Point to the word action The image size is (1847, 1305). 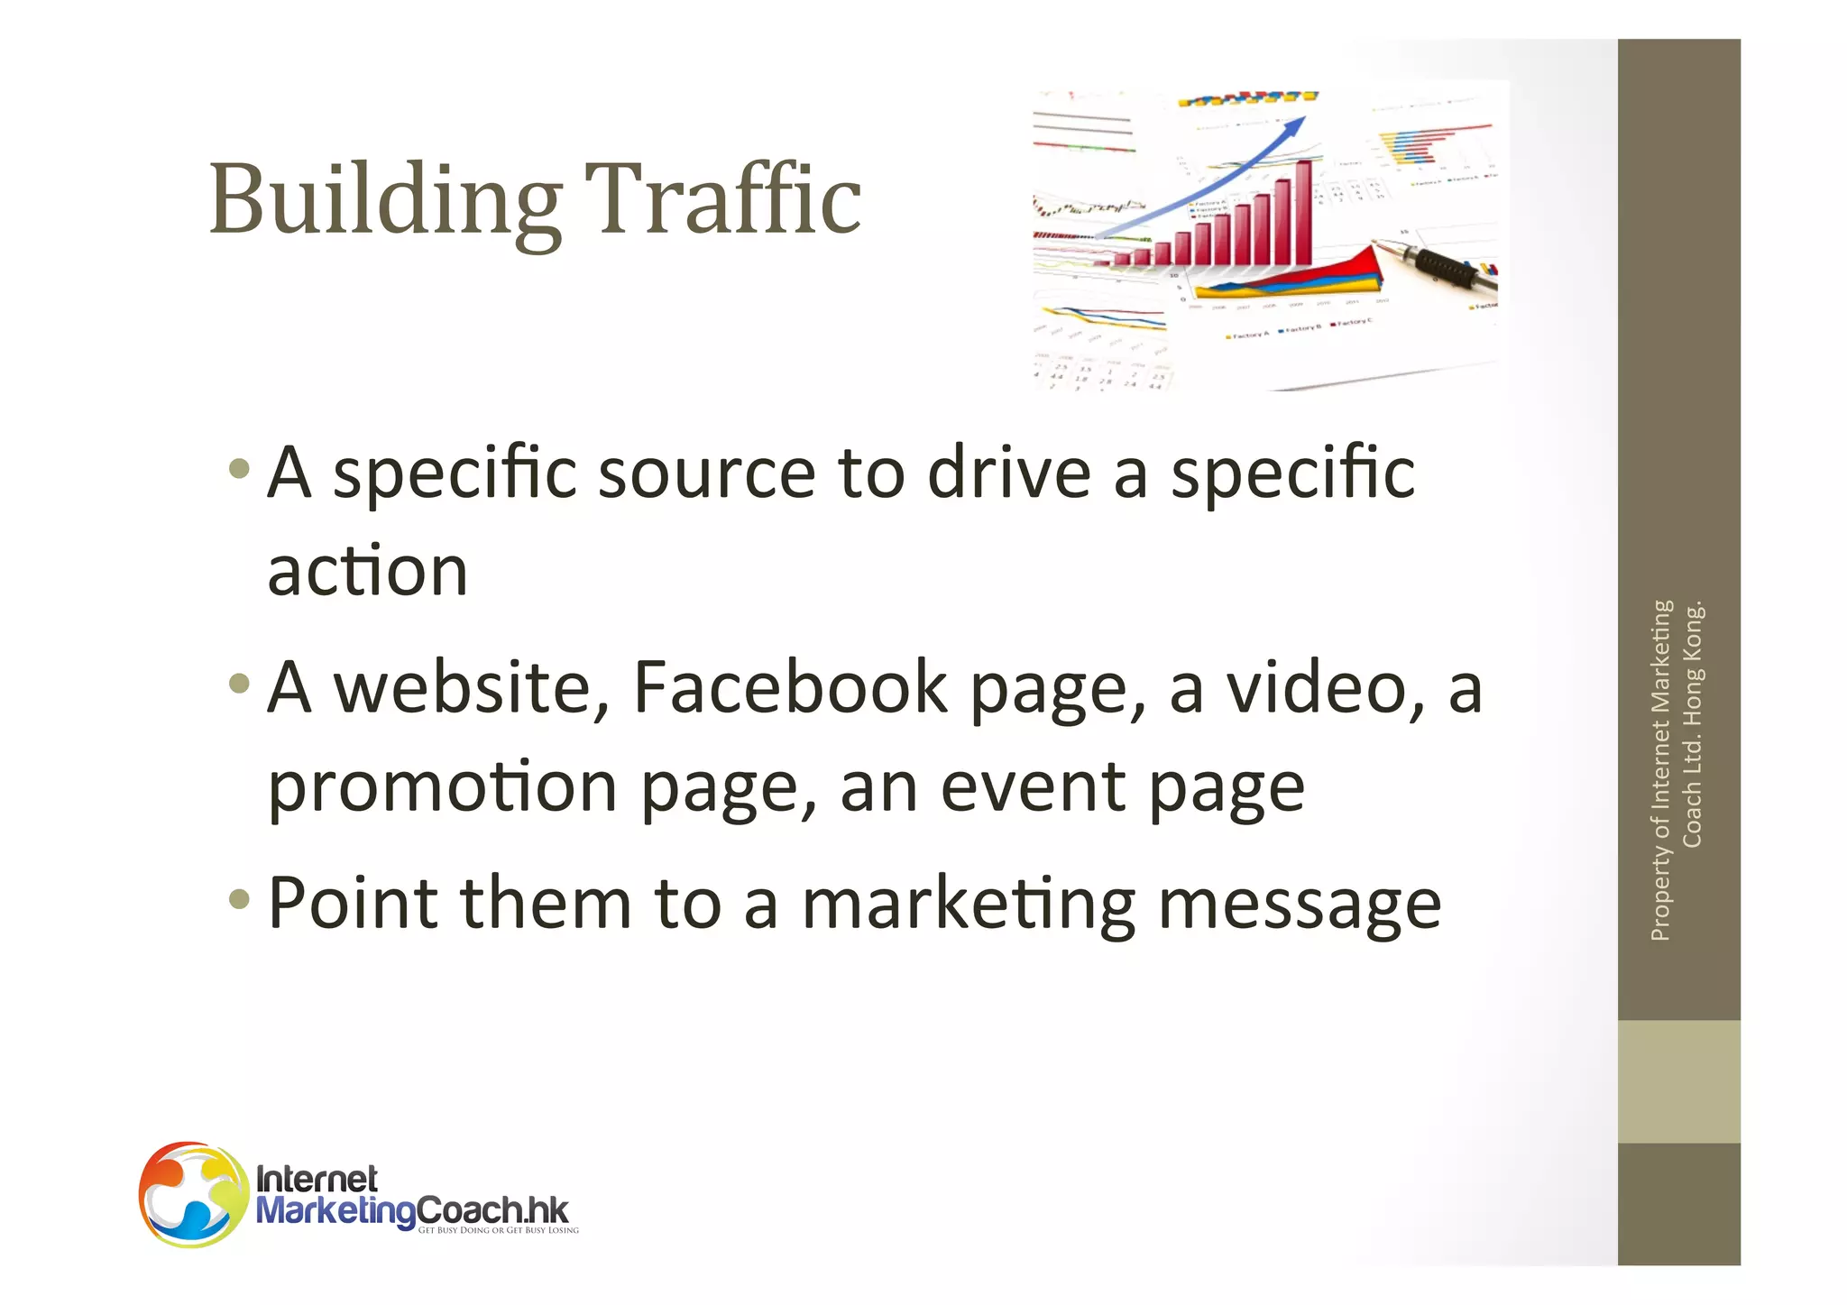coord(368,571)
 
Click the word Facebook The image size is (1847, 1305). coord(790,687)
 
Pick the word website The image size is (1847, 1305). coord(473,687)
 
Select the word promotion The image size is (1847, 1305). coord(442,786)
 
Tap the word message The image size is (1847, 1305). coord(1300,905)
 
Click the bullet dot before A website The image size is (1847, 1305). coord(239,684)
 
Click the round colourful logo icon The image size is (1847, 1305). coord(193,1195)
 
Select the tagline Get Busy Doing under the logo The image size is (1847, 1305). coord(498,1230)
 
